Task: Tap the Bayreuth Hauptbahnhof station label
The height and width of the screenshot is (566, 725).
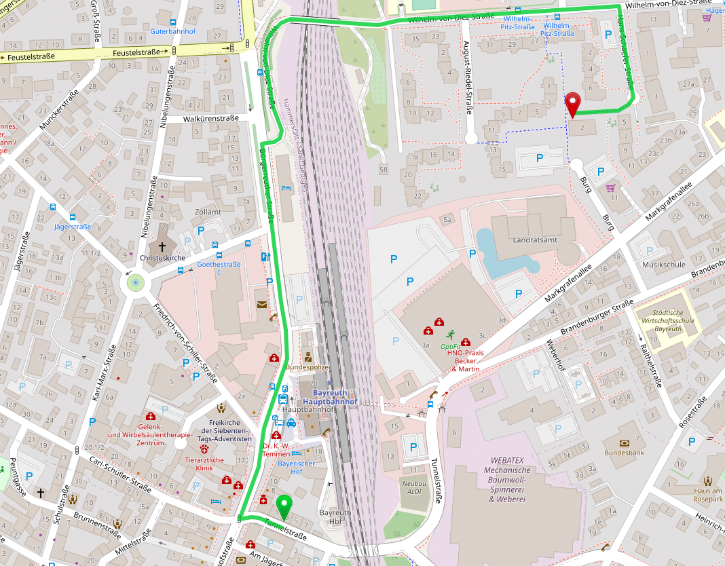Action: tap(329, 398)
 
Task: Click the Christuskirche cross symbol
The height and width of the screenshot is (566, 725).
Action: tap(162, 247)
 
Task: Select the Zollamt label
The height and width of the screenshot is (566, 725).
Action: tap(208, 212)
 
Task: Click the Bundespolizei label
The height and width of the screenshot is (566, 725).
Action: tap(308, 366)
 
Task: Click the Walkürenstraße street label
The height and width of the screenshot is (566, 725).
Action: tap(211, 118)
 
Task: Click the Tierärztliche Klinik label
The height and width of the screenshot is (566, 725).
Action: tap(204, 464)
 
